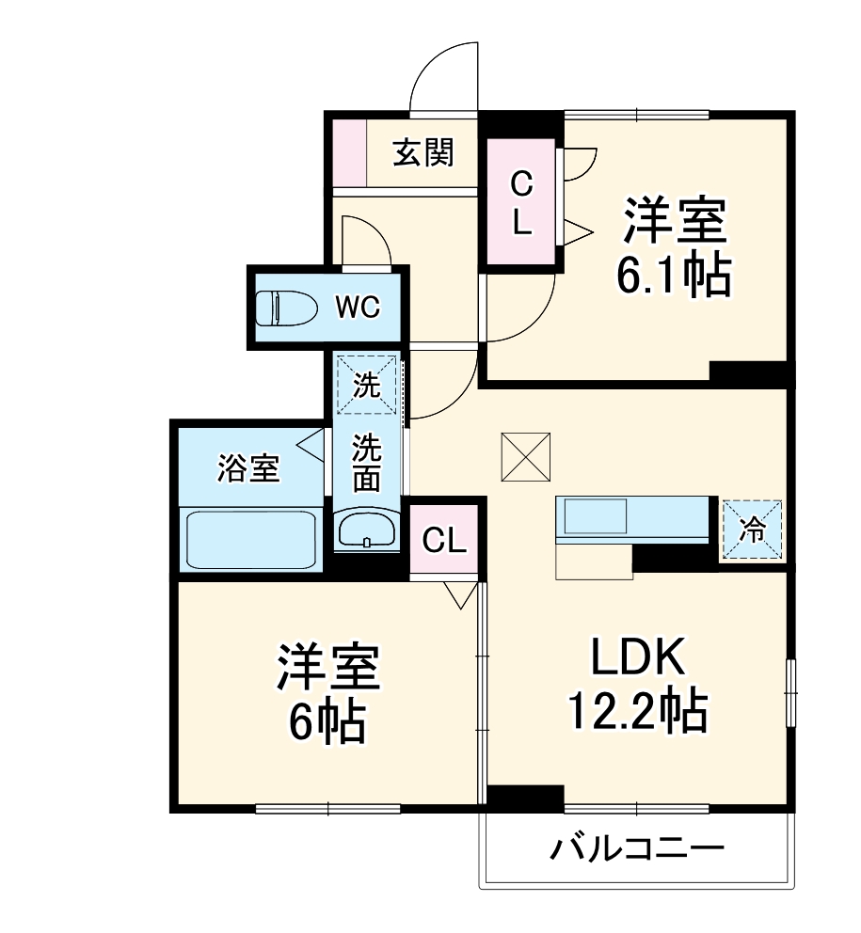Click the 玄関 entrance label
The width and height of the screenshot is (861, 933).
423,151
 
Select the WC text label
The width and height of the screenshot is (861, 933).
358,308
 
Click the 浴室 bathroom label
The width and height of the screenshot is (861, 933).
248,467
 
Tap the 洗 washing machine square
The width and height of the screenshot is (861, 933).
367,384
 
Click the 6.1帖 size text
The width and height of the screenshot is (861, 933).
673,275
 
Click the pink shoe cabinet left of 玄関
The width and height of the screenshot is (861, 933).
347,152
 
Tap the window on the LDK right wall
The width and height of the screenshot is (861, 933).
790,691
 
